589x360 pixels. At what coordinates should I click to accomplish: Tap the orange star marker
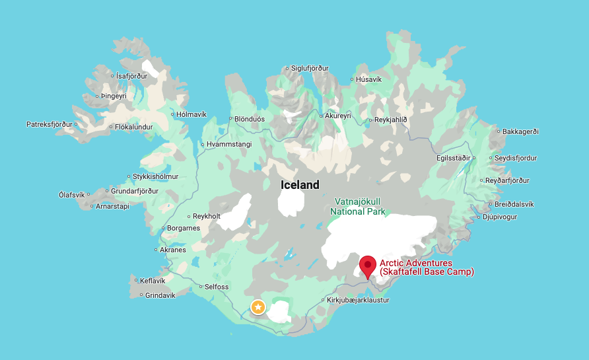[x=258, y=306]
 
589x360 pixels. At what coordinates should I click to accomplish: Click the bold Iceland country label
[x=300, y=185]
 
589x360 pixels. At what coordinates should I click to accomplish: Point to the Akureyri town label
[x=337, y=116]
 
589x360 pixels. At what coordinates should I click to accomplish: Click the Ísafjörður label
[x=131, y=76]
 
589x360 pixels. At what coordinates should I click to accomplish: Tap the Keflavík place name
[x=154, y=281]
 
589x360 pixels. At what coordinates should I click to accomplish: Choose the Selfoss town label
[x=217, y=287]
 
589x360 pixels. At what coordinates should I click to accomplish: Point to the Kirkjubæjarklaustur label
[x=358, y=300]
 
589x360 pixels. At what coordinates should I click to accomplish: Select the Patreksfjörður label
[x=49, y=124]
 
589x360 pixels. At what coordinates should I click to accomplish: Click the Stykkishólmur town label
[x=155, y=176]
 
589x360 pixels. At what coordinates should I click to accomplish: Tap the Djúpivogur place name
[x=499, y=217]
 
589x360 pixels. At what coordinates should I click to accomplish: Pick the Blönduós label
[x=250, y=120]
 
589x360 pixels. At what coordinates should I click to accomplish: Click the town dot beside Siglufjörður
[x=287, y=68]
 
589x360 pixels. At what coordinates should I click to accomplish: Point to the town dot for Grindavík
[x=141, y=295]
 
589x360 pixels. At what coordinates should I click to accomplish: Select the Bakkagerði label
[x=520, y=131]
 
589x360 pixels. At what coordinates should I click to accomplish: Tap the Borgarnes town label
[x=184, y=229]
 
